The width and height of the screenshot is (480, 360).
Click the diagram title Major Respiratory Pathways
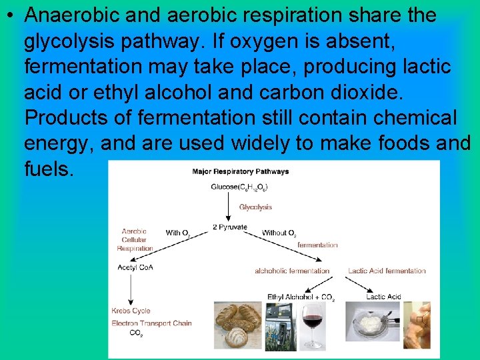pos(240,171)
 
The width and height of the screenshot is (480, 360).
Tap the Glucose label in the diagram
pos(239,187)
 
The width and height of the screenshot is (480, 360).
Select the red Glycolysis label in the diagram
pos(255,207)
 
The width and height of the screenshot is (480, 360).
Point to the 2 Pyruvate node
pos(230,227)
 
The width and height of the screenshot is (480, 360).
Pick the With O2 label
pos(178,233)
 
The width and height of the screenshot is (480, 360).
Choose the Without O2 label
pos(279,233)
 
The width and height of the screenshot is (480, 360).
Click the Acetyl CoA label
pos(135,267)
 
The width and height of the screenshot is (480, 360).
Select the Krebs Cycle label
pos(131,311)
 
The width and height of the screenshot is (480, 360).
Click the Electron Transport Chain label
pos(151,323)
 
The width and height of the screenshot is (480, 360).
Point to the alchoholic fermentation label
pos(292,271)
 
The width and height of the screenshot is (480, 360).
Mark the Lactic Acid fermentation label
pos(387,271)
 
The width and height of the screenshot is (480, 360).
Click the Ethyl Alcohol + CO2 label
pos(301,297)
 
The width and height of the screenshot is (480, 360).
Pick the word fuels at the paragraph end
pos(49,169)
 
